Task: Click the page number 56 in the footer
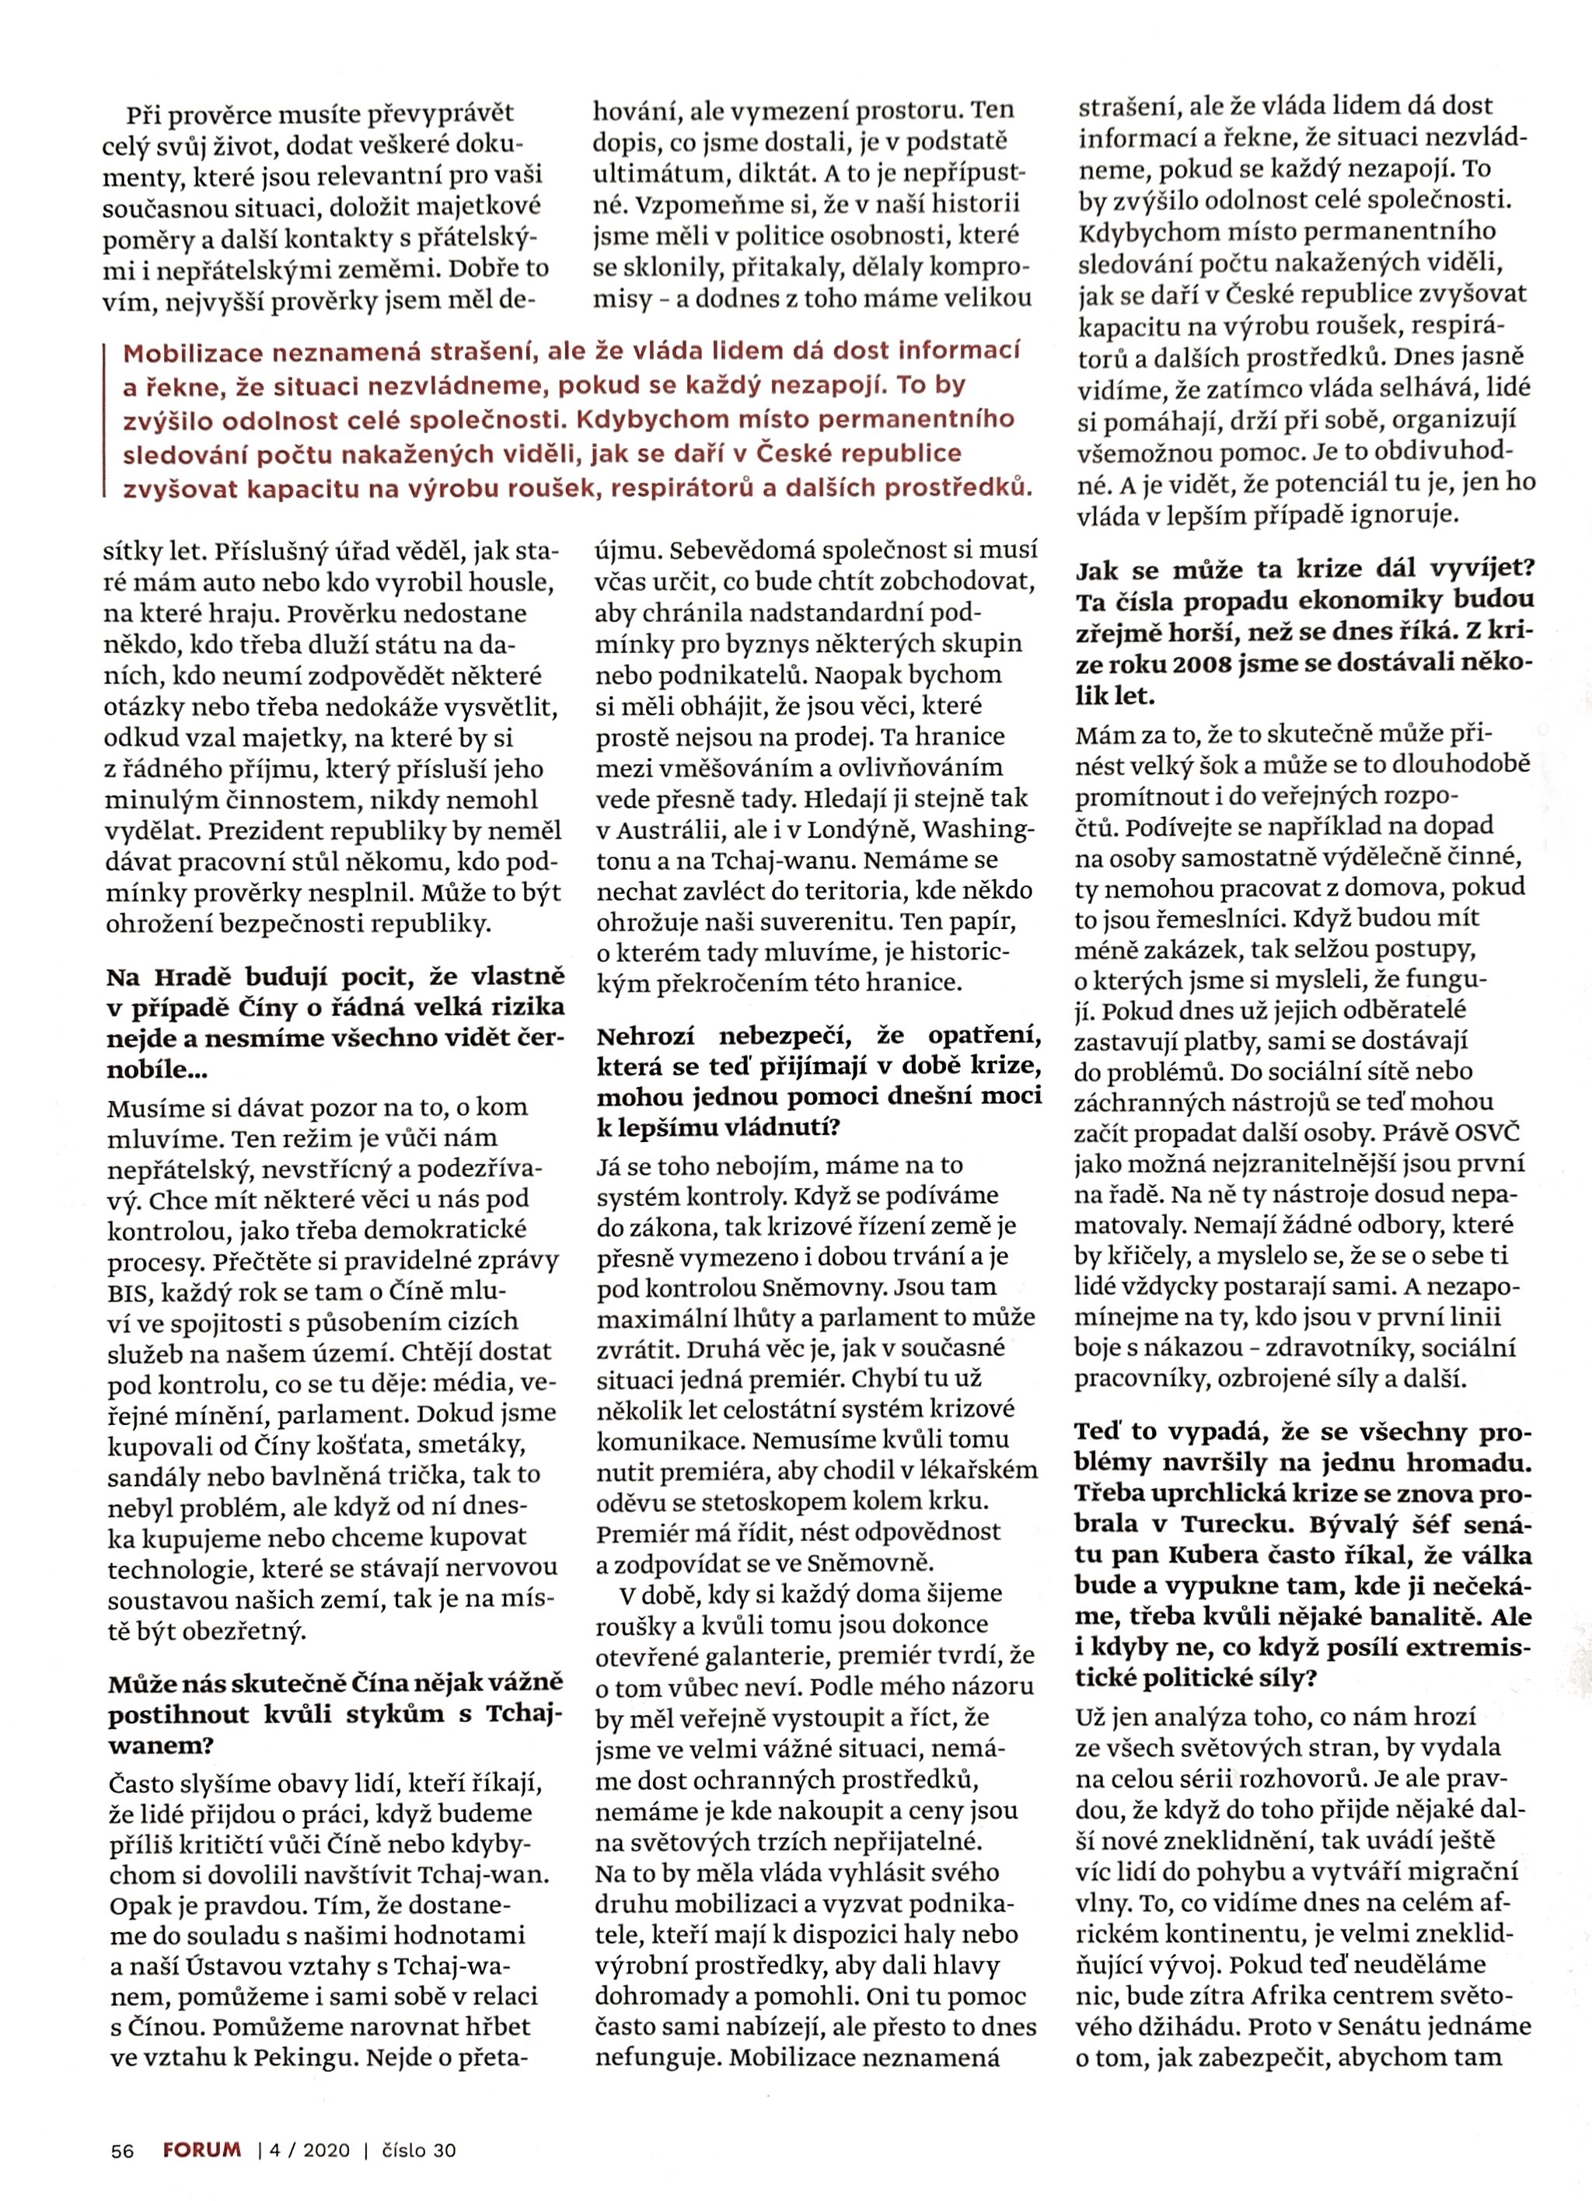[121, 2150]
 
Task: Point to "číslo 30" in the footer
[419, 2150]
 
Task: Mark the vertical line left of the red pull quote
[105, 419]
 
